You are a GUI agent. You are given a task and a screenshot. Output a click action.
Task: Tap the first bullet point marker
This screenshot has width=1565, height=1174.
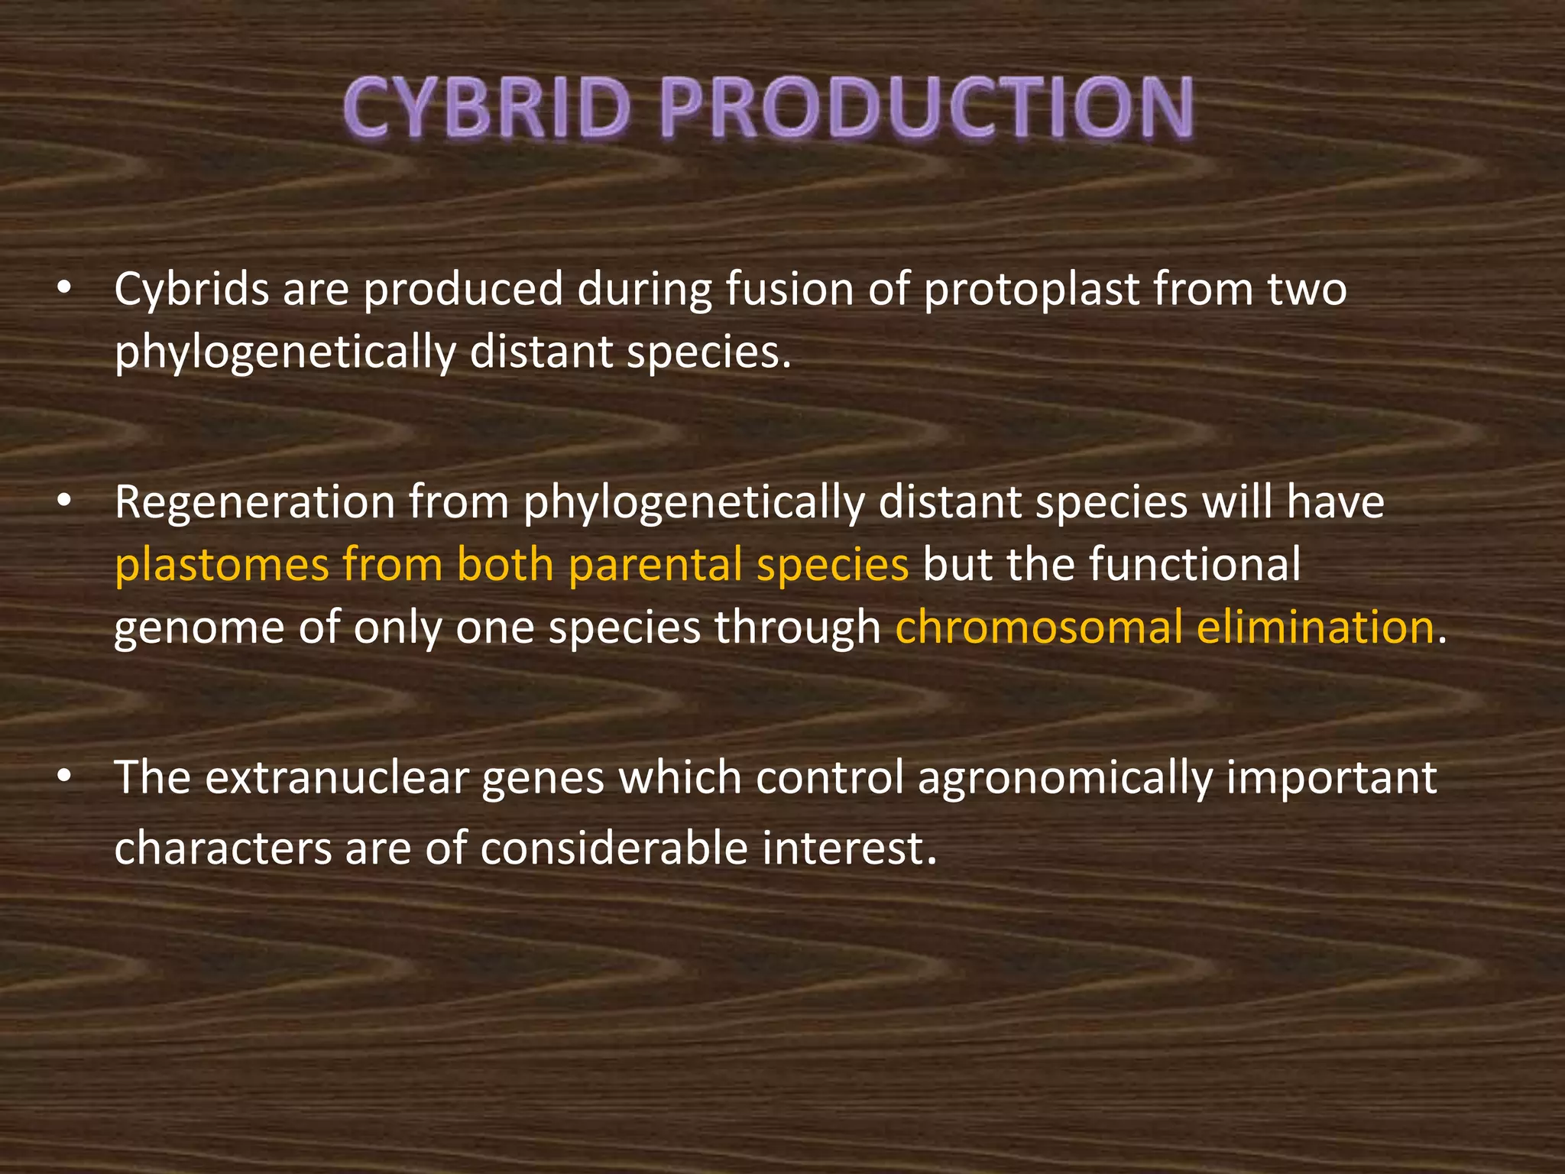(x=64, y=290)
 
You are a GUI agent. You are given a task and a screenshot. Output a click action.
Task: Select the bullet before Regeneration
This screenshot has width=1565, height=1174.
(x=64, y=502)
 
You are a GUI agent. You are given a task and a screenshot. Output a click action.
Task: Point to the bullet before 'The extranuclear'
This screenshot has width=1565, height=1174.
(x=64, y=777)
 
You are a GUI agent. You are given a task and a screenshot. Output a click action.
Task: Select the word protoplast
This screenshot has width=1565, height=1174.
(x=1032, y=291)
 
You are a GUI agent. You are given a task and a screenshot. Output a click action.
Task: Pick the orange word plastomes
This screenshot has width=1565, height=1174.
(x=222, y=565)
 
